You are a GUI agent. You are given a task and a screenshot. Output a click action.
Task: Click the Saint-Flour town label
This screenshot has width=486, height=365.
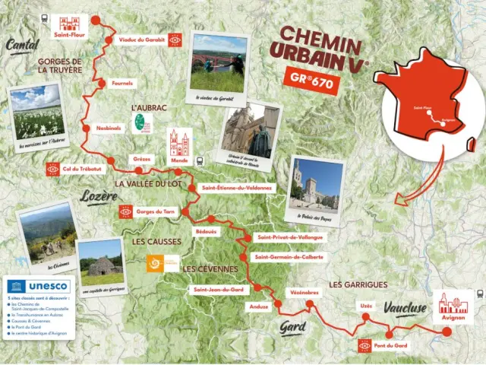(x=68, y=34)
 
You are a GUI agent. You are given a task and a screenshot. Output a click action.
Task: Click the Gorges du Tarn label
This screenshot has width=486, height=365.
(x=159, y=211)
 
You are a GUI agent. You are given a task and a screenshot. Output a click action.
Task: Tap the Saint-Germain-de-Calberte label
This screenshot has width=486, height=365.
(x=289, y=256)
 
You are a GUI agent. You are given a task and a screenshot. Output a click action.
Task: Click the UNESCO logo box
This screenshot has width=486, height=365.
(x=37, y=287)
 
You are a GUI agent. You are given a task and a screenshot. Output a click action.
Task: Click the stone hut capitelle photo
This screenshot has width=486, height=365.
(x=100, y=262)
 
